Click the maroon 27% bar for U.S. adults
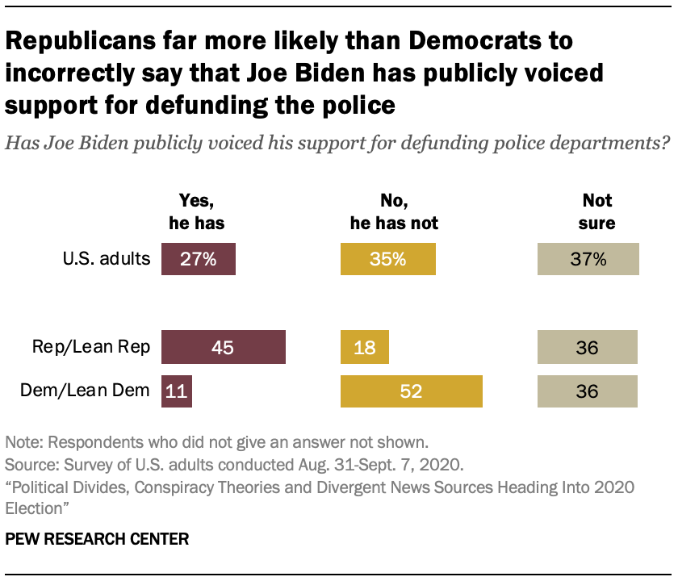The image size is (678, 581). point(199,260)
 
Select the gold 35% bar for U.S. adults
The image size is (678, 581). point(388,260)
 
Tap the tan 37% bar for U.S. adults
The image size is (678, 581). point(588,260)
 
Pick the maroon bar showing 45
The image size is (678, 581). point(224,347)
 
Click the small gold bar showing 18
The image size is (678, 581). point(365,347)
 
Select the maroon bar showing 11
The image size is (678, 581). point(177,391)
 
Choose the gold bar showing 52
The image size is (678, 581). point(412,391)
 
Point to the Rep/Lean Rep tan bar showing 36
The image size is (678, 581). point(588,347)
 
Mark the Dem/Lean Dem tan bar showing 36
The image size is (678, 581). point(588,391)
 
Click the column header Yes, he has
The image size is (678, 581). point(199,211)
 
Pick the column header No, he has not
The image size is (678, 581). point(388,211)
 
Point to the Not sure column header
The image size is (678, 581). point(597,211)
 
